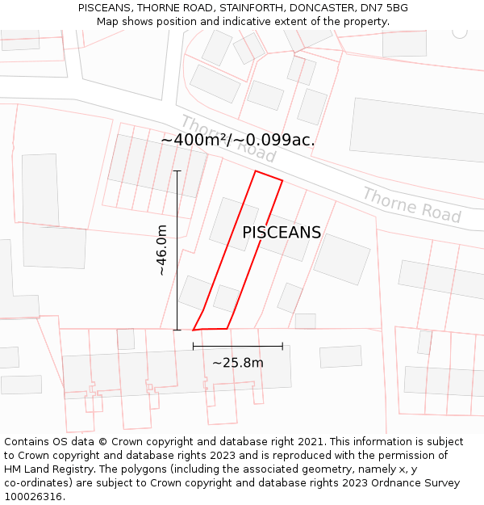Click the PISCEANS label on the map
[282, 233]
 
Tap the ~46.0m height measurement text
[162, 250]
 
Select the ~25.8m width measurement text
[238, 363]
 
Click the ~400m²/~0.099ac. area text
[237, 140]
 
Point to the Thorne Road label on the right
[411, 205]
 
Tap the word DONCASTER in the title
[311, 8]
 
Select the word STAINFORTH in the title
[236, 8]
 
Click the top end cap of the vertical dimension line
[177, 170]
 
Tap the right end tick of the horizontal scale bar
[282, 347]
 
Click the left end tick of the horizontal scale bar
[194, 347]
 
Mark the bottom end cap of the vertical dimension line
[177, 330]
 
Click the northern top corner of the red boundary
[256, 171]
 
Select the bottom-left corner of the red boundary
[194, 330]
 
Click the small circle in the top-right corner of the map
[460, 32]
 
